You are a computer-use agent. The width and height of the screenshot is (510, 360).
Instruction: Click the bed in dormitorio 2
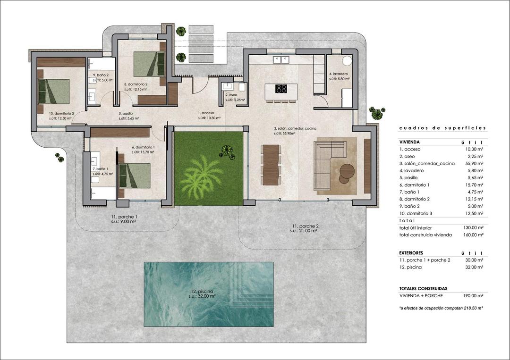point(149,64)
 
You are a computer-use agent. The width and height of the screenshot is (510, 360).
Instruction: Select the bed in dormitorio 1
point(135,175)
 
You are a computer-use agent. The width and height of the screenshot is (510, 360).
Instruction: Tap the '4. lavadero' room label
point(339,74)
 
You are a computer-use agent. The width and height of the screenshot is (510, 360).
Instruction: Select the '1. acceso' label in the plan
point(206,114)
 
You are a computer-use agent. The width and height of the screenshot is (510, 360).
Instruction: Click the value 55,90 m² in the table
point(474,163)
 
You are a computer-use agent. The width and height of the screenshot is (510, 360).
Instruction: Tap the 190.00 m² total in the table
point(473,296)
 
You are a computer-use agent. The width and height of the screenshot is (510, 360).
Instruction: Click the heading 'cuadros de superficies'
point(442,128)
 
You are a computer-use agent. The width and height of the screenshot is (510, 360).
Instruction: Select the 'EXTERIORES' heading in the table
point(411,253)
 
